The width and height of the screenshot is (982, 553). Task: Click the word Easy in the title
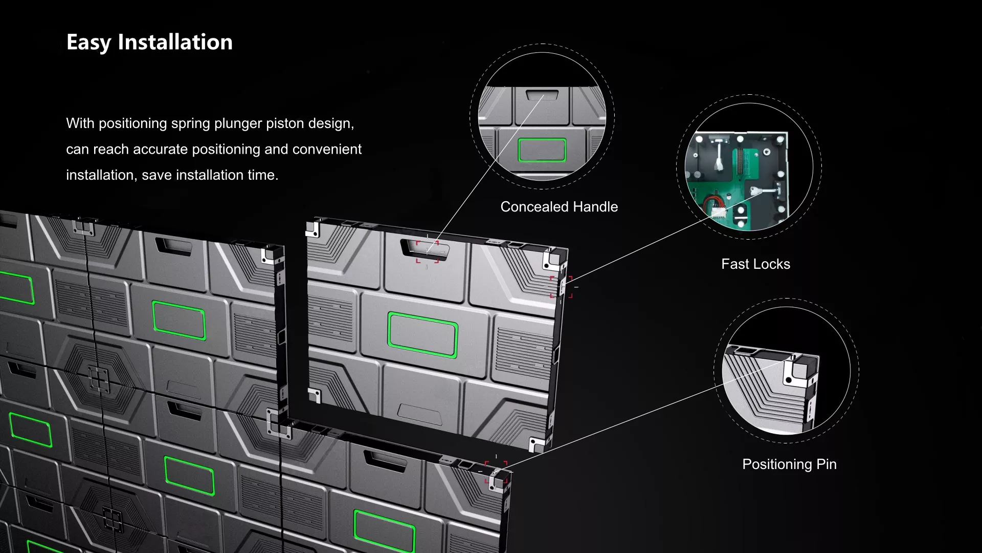88,42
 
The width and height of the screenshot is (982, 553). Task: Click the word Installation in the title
175,42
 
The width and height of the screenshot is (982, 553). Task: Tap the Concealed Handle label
559,207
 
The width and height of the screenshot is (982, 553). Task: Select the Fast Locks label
755,264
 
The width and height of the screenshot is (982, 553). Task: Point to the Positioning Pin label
789,464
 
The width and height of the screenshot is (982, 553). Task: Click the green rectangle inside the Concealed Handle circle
542,150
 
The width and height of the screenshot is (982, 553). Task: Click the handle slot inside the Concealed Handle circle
542,95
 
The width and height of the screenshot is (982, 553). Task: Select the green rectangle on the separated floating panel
422,334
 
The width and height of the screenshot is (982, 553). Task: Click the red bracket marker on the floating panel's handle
427,251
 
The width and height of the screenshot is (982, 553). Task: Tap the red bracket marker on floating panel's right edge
561,287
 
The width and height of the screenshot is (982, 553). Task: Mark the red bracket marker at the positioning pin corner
496,472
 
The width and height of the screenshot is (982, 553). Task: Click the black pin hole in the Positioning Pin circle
789,380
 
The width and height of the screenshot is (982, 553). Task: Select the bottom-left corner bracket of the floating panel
315,395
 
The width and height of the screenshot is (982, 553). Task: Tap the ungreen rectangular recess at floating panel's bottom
420,414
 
